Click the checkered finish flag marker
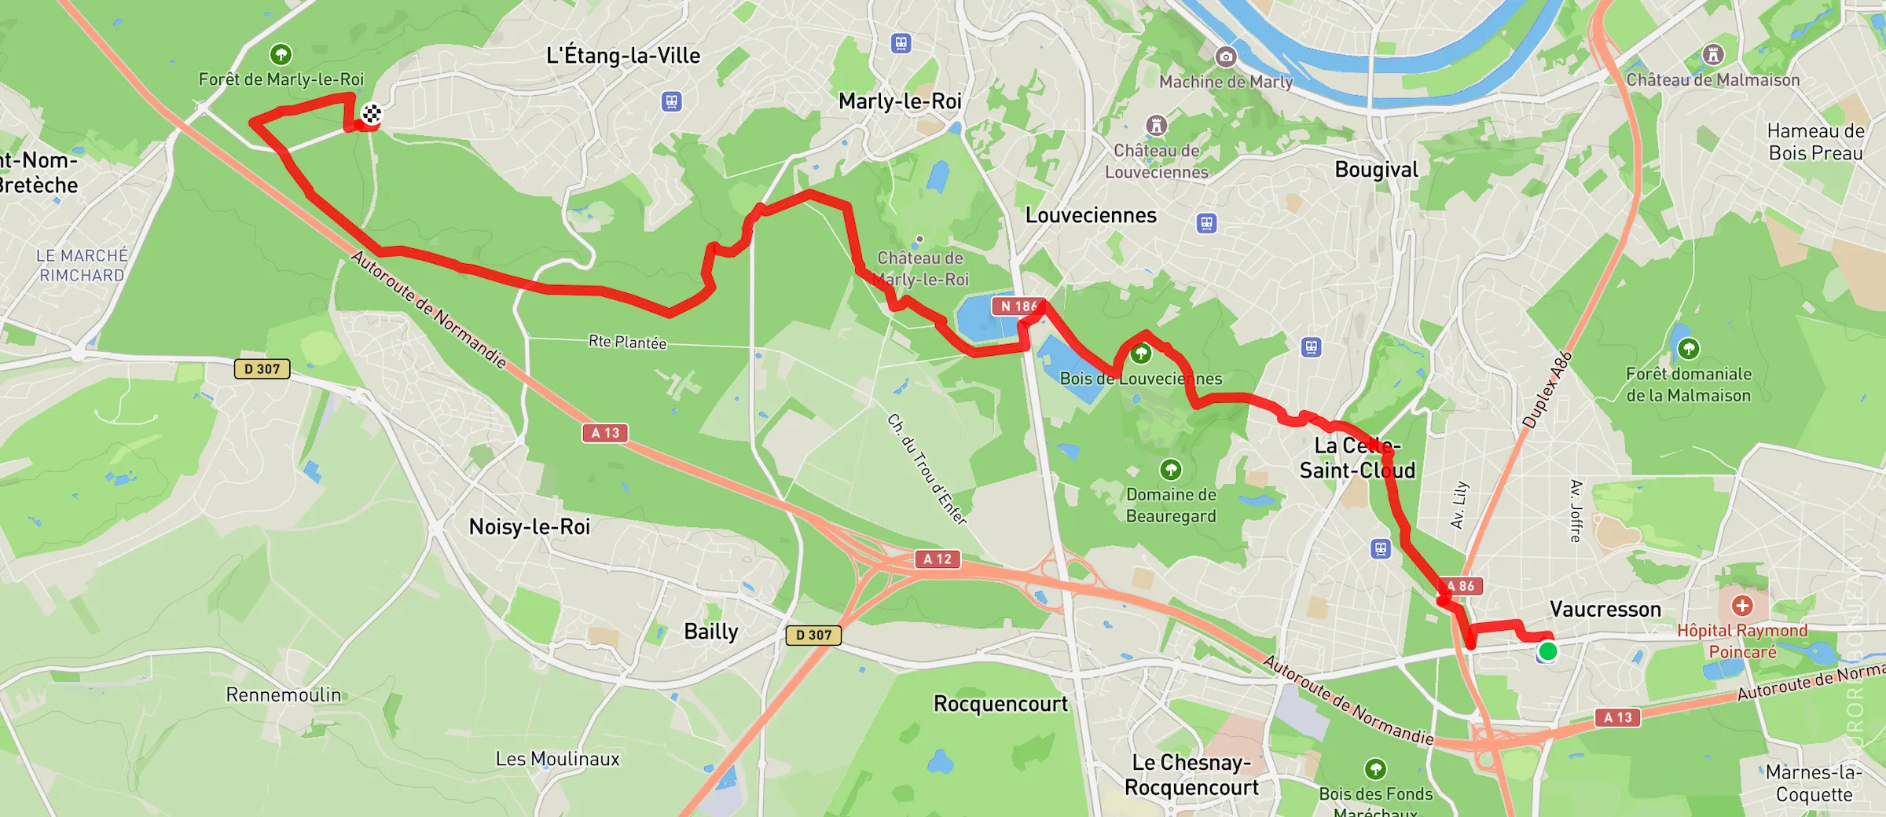point(372,114)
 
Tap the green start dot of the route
point(1547,651)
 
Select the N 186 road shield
point(1018,306)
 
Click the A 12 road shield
point(937,559)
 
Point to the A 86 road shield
point(1461,586)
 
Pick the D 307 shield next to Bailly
point(813,635)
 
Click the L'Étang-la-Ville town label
point(623,56)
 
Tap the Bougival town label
point(1376,170)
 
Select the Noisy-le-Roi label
point(529,526)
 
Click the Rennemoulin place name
point(284,695)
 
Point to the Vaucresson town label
point(1605,610)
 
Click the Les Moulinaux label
point(557,759)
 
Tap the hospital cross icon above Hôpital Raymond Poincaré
point(1742,606)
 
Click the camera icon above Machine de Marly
point(1225,57)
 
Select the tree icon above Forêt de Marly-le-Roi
point(281,54)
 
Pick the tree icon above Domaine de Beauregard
point(1171,470)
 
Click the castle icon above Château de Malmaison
point(1713,55)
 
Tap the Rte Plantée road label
point(627,342)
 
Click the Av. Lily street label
point(1459,504)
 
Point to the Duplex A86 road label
point(1547,390)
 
